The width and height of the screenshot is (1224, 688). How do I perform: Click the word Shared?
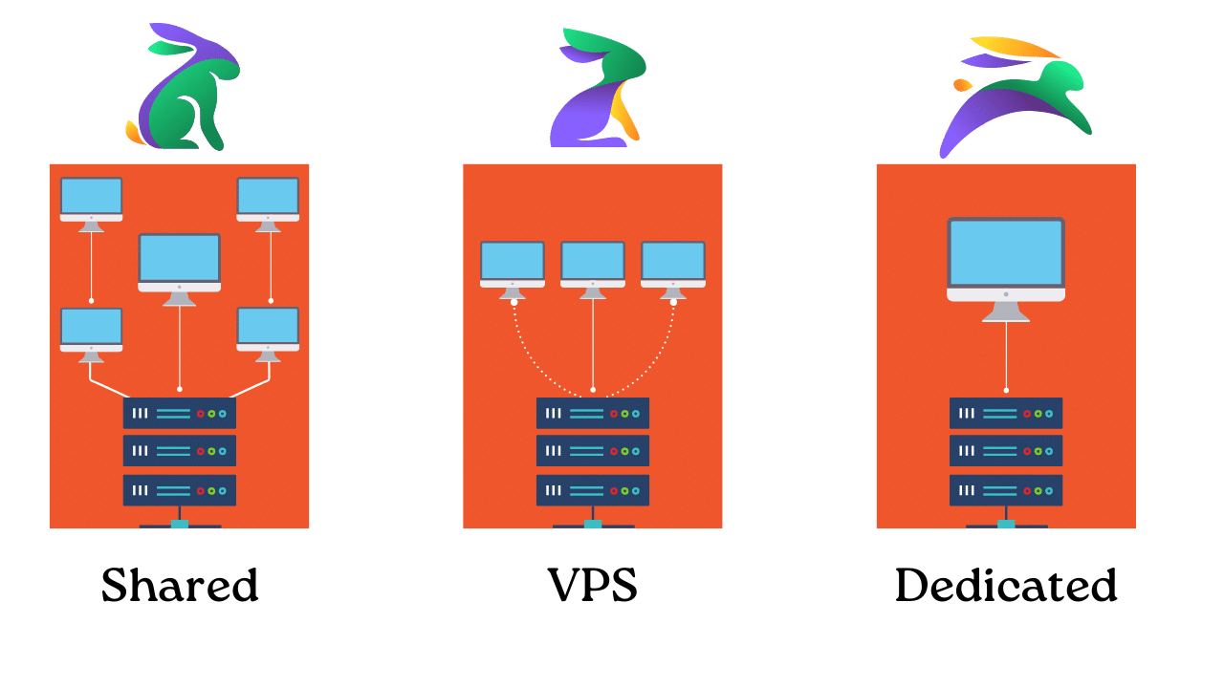tap(180, 585)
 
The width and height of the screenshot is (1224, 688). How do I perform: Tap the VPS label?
tap(592, 585)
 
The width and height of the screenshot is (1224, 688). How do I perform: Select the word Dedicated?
tap(1006, 585)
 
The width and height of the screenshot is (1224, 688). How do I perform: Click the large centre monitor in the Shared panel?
tap(180, 260)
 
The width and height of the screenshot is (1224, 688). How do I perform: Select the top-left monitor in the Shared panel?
tap(91, 198)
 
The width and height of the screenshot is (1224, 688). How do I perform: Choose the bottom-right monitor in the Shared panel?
tap(268, 328)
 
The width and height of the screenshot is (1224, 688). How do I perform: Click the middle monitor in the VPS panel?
tap(593, 263)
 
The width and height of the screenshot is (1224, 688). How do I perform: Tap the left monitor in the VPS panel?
tap(513, 263)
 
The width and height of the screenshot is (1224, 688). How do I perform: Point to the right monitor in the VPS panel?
tap(673, 263)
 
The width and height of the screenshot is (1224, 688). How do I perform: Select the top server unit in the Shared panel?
tap(180, 414)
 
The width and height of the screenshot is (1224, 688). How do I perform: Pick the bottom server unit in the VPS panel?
tap(593, 490)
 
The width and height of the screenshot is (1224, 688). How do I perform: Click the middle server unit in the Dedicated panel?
tap(1006, 451)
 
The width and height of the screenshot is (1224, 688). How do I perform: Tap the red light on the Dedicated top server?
tap(1027, 414)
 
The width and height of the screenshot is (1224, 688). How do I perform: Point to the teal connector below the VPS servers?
tap(593, 524)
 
